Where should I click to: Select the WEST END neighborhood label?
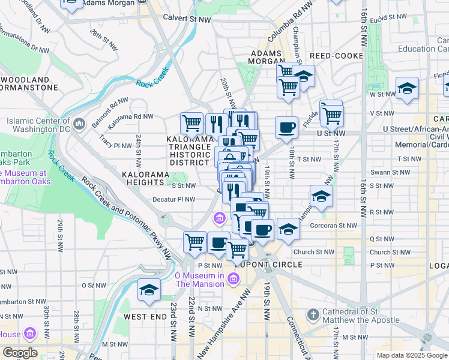coord(144,316)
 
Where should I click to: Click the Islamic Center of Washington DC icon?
coord(79,125)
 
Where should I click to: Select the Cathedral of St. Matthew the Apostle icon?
coord(312,314)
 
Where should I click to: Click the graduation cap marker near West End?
coord(149,290)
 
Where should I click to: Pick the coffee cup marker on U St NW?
coord(286,127)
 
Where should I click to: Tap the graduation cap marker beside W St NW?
coord(407,88)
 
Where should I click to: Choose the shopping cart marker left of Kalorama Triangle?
coord(191,123)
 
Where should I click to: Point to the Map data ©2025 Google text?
coord(411,355)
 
